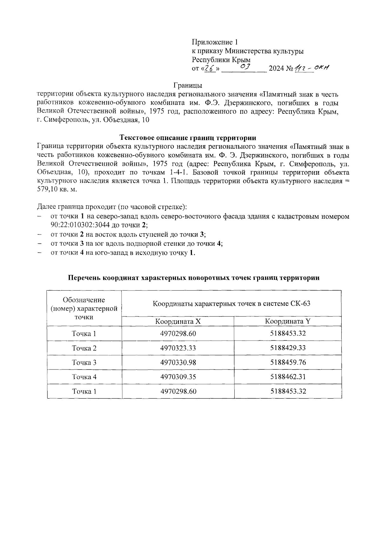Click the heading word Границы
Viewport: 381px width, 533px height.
(x=188, y=85)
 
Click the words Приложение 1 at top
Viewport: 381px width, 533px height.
(x=215, y=42)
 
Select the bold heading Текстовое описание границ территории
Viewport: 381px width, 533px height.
(x=188, y=137)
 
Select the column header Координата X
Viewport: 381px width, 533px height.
(x=178, y=321)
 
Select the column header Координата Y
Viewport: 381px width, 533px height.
(x=288, y=321)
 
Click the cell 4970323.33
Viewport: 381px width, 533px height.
(x=178, y=348)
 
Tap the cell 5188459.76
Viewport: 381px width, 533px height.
(x=288, y=362)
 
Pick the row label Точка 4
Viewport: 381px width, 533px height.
(x=84, y=377)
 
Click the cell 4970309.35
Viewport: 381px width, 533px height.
(x=178, y=377)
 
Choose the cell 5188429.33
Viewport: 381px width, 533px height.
(x=288, y=348)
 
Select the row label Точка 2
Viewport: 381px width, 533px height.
(x=84, y=348)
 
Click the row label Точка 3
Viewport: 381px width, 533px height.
(x=84, y=362)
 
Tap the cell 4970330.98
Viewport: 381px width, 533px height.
(x=178, y=362)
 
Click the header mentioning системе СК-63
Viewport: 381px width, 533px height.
(x=231, y=304)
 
